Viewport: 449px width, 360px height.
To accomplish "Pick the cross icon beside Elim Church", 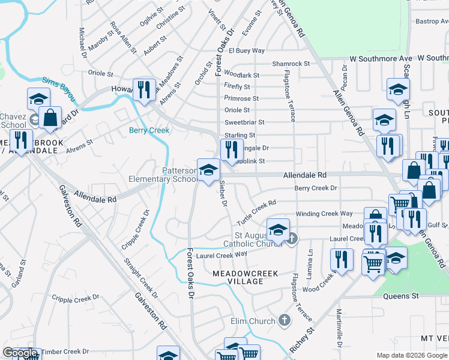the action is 284,320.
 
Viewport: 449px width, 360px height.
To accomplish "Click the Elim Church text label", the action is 253,321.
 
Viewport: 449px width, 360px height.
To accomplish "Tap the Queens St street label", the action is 400,296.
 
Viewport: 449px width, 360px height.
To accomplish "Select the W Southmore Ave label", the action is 381,59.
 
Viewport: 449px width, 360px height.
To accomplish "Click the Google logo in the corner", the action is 20,353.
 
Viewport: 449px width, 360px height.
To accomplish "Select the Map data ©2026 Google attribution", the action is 411,355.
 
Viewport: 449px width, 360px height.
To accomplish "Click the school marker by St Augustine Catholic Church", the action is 278,230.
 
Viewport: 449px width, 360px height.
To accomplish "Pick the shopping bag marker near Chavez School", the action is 50,117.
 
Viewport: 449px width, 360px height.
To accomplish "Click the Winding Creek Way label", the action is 324,214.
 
